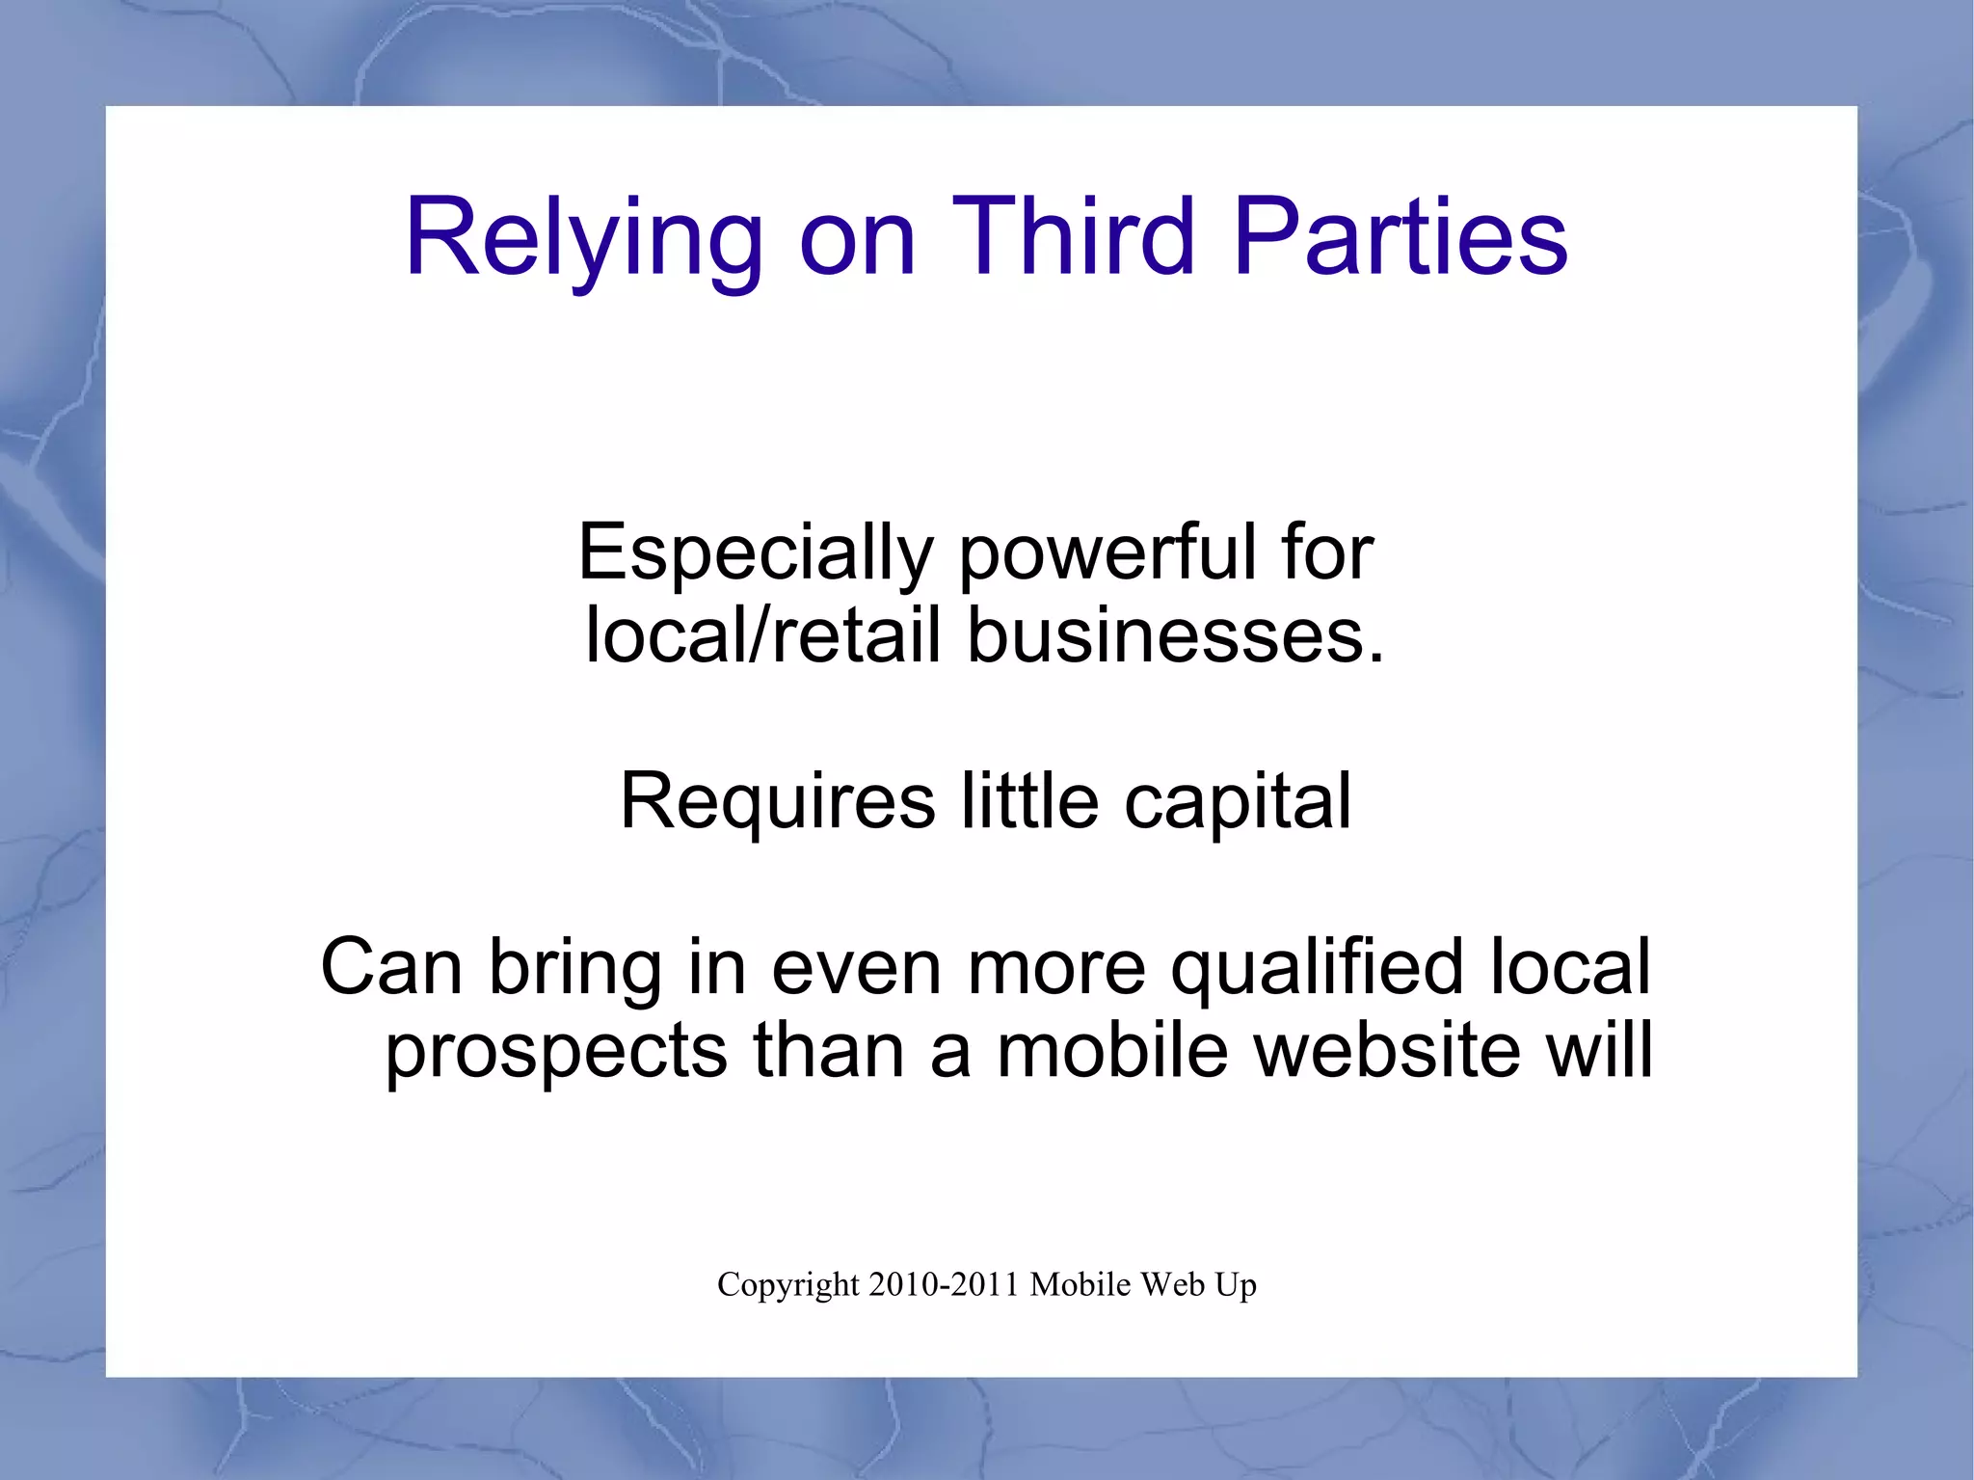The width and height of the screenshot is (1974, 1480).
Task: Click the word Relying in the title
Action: click(584, 238)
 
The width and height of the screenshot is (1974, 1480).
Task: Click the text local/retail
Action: click(762, 636)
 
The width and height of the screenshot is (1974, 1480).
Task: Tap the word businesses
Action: click(1175, 636)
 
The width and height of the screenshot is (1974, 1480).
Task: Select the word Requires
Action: click(778, 800)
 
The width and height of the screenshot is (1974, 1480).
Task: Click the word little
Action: click(1029, 800)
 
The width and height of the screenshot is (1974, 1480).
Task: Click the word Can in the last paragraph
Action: click(390, 967)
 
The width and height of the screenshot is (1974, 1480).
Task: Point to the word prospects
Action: click(556, 1051)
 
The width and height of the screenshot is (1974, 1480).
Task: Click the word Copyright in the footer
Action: click(787, 1285)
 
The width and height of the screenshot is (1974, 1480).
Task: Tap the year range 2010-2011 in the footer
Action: click(944, 1284)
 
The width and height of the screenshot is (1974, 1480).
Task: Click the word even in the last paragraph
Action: click(855, 967)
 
